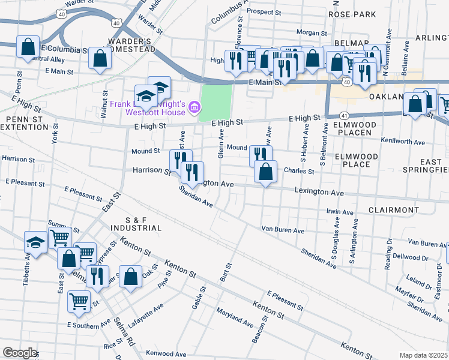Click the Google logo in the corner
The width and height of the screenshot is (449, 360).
pos(20,353)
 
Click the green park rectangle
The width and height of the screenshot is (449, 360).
pos(215,101)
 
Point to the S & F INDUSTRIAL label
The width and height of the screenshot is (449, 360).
pos(135,224)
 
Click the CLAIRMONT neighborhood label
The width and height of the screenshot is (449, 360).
pos(393,210)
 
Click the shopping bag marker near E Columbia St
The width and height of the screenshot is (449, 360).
pos(28,46)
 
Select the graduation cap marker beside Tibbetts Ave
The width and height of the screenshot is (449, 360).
pos(35,242)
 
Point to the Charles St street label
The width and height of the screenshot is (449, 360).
pos(299,171)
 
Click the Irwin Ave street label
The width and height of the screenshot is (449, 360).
pos(340,212)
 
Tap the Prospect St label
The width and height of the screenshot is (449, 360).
pos(264,11)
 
